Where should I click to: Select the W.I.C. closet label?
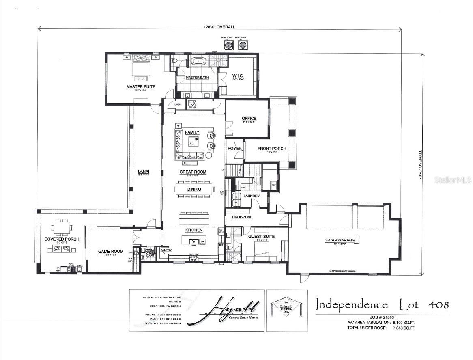click(x=237, y=75)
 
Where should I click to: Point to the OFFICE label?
click(x=249, y=119)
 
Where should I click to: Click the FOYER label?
click(x=234, y=149)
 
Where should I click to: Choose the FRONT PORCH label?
click(x=272, y=149)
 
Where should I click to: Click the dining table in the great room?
click(x=194, y=189)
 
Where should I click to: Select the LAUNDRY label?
click(x=252, y=196)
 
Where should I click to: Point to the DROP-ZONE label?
click(x=243, y=217)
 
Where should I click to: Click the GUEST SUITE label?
click(x=262, y=237)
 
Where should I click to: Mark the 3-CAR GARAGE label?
click(x=340, y=240)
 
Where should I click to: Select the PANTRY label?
click(x=166, y=250)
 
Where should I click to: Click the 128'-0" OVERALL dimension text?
click(x=219, y=27)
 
